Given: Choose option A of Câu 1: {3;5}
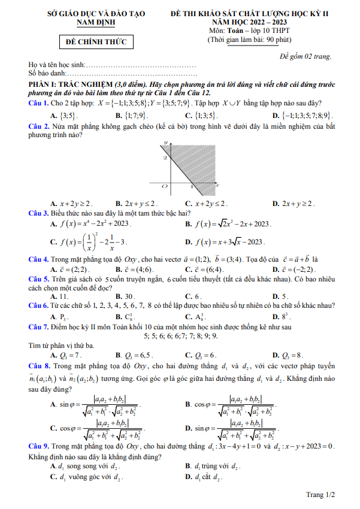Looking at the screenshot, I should [64, 116].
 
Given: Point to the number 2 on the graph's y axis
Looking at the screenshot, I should [165, 157].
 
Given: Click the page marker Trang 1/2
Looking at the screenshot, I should [320, 495].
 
